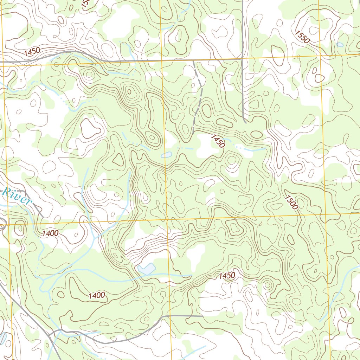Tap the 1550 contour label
[x=302, y=37]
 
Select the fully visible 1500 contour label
[x=291, y=202]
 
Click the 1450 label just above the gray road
[x=32, y=52]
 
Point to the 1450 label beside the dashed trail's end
[x=218, y=141]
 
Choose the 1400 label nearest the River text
[x=50, y=233]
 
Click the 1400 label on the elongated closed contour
[x=97, y=295]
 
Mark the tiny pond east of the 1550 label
[x=340, y=45]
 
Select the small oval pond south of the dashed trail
[x=166, y=155]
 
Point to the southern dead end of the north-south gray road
[x=245, y=122]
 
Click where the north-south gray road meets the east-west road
[x=243, y=59]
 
